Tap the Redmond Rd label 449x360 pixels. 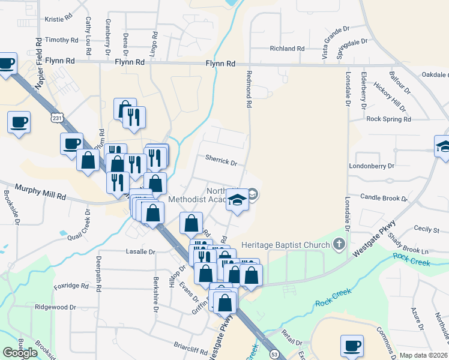coord(248,88)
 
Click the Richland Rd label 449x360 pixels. coord(287,49)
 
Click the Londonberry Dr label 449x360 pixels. coord(372,166)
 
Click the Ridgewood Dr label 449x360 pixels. coord(55,307)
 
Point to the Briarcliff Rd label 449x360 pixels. coord(174,346)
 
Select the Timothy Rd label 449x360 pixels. coord(62,40)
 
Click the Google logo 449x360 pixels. coord(20,353)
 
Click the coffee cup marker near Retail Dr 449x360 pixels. coord(352,346)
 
